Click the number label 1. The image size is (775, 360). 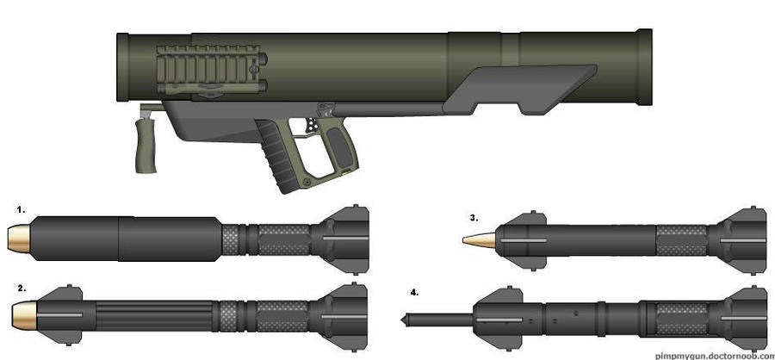pyautogui.click(x=20, y=208)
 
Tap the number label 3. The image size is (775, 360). pyautogui.click(x=474, y=218)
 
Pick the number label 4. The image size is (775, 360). pyautogui.click(x=415, y=292)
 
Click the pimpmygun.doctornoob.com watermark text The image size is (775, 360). pyautogui.click(x=713, y=354)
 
